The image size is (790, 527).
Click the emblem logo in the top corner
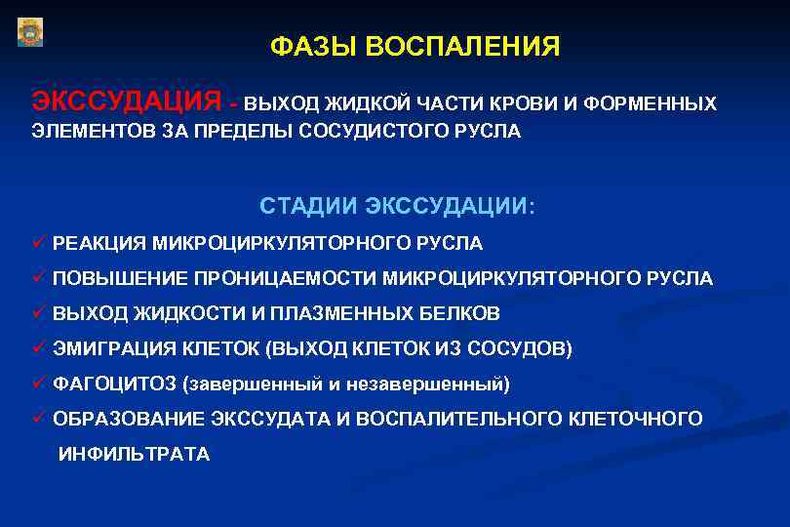[30, 32]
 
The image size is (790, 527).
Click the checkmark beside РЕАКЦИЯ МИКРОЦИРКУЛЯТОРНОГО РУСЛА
[39, 242]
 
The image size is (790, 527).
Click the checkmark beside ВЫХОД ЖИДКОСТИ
[39, 313]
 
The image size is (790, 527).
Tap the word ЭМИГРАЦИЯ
[110, 348]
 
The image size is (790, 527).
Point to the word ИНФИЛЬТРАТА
[134, 454]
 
